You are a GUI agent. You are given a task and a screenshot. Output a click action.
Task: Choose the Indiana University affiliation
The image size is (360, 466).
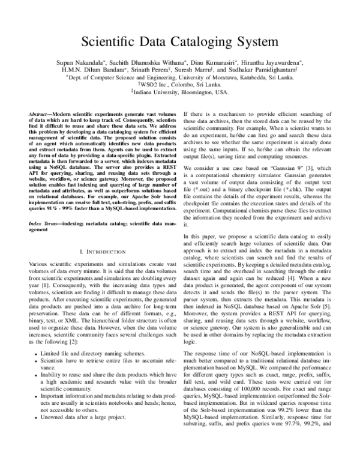181,93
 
